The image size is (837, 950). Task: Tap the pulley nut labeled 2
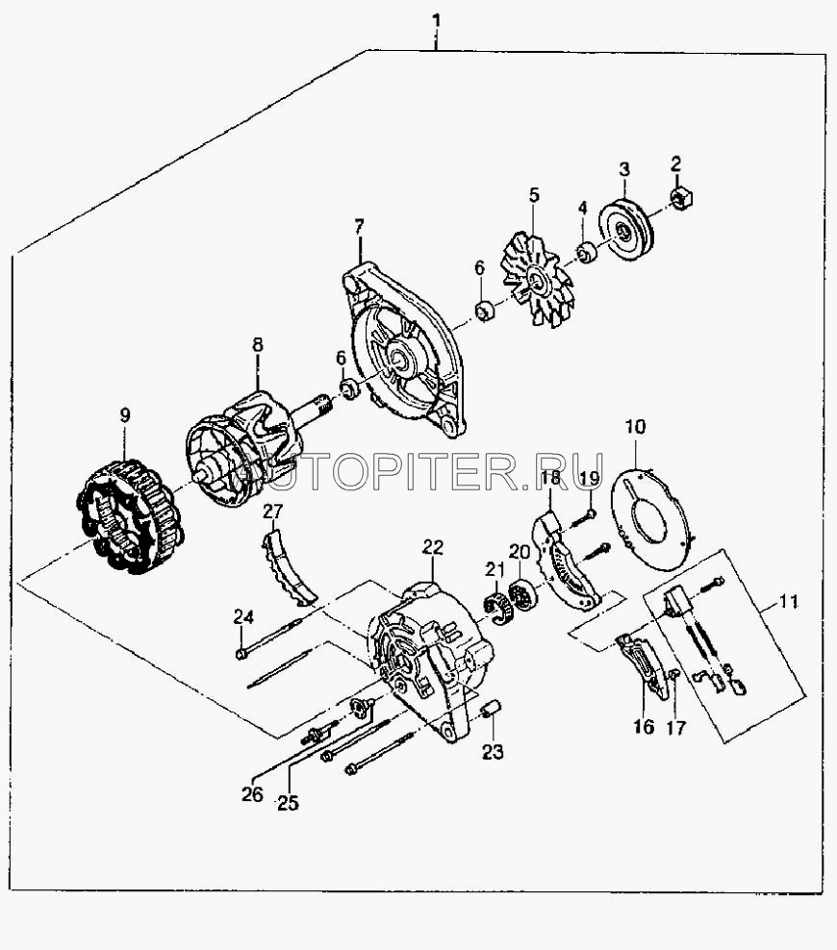(683, 197)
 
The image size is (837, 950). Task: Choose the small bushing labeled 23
(491, 709)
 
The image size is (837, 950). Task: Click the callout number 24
(243, 617)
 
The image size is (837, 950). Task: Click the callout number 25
(288, 803)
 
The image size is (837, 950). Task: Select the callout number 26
(252, 793)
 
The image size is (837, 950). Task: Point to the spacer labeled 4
(587, 252)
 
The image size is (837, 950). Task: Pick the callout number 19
(589, 478)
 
